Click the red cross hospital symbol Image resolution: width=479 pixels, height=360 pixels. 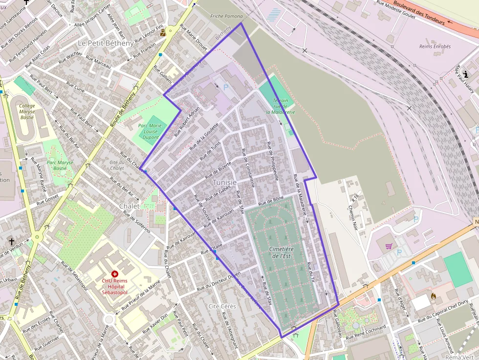[114, 275]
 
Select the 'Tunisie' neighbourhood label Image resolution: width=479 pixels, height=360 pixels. [225, 182]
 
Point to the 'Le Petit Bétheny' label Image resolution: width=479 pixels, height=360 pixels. [105, 43]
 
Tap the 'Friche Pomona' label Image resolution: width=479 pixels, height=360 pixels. [223, 16]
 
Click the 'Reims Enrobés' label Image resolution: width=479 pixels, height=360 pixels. [435, 47]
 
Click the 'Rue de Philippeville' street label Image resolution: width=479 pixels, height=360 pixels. [273, 161]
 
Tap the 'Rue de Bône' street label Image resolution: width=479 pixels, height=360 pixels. [271, 200]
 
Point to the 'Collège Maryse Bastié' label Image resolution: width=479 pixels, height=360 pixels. [27, 111]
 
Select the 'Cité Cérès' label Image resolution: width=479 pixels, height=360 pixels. [222, 306]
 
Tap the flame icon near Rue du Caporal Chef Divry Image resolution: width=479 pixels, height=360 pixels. [433, 296]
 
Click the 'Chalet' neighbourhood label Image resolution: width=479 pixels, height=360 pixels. [130, 206]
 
